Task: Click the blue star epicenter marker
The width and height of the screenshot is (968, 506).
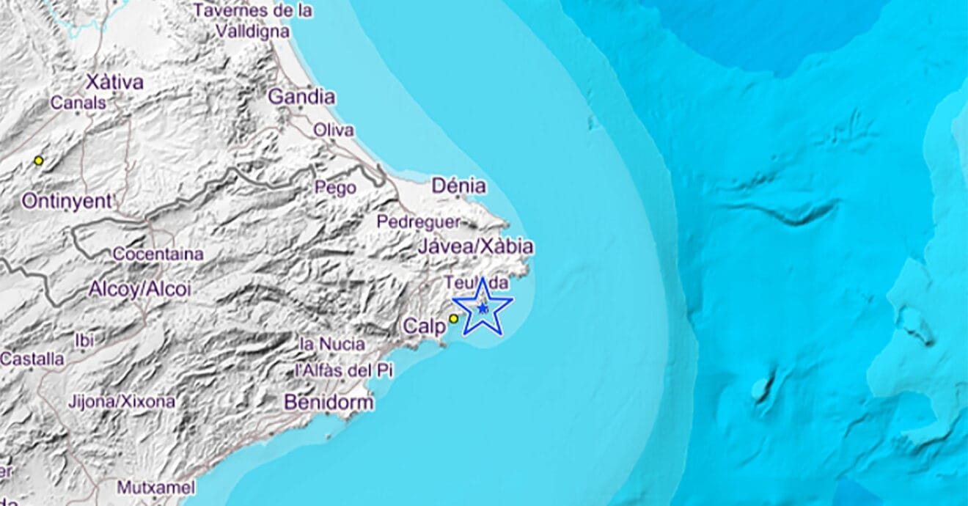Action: tap(482, 309)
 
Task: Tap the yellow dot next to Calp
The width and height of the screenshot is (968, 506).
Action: tap(453, 318)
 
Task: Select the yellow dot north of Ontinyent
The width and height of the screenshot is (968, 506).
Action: tap(39, 161)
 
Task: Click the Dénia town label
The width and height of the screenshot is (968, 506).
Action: tap(458, 186)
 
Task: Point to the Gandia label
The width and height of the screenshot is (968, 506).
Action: tap(301, 97)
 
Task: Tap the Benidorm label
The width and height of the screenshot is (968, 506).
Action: tap(329, 403)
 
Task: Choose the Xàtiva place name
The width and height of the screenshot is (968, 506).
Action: tap(114, 82)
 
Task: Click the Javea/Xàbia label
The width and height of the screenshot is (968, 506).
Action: tap(474, 247)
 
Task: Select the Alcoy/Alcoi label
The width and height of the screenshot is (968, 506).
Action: tap(139, 290)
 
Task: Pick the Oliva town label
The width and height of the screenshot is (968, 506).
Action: tap(333, 131)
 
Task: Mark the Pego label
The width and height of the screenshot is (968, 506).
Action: tap(335, 188)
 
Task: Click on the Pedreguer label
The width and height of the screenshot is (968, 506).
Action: tap(419, 221)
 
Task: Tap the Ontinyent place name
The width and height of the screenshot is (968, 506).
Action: tap(67, 201)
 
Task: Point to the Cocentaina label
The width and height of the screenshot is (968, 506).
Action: tap(158, 254)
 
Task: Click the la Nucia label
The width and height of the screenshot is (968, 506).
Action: tap(328, 343)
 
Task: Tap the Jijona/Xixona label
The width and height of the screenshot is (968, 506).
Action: tap(121, 402)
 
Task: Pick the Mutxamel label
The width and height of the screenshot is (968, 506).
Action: tap(155, 488)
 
